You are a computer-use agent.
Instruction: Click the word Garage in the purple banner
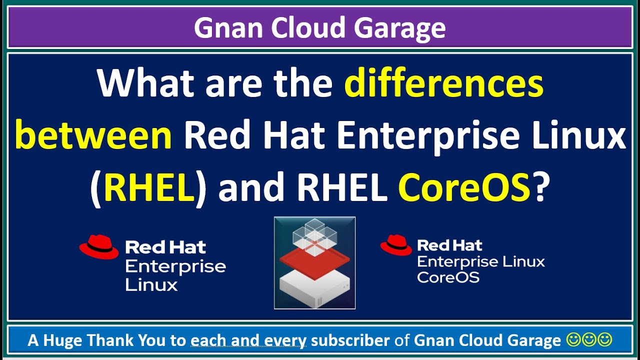tap(399, 28)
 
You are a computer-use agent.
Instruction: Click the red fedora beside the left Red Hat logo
tap(98, 247)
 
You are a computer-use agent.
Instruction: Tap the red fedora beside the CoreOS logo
tap(395, 245)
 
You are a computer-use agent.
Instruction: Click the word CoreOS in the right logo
tap(448, 277)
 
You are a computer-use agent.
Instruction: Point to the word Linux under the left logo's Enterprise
tap(151, 285)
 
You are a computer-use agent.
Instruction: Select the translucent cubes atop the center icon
tap(314, 235)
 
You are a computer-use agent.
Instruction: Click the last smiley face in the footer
tap(605, 340)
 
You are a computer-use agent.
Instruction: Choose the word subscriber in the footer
tap(350, 340)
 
